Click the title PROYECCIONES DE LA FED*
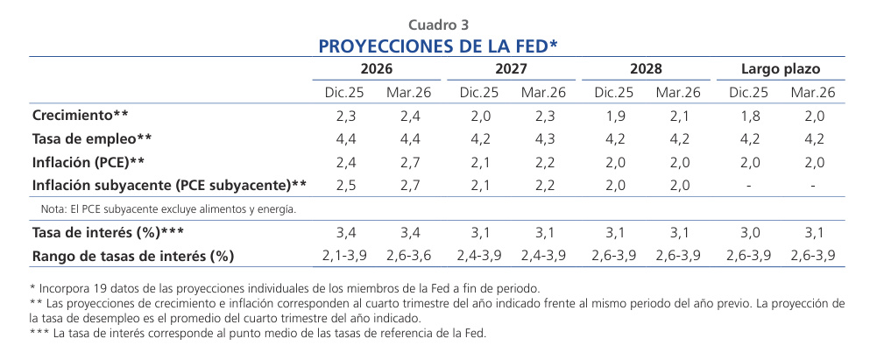(x=438, y=46)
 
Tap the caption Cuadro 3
(x=438, y=25)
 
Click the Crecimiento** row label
(x=81, y=115)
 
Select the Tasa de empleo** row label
(x=92, y=138)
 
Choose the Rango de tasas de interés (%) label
(x=133, y=256)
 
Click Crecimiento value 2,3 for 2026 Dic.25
(x=345, y=115)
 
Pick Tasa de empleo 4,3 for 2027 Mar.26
(x=544, y=138)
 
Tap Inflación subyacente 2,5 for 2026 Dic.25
(x=345, y=186)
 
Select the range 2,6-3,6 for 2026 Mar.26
(x=407, y=256)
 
